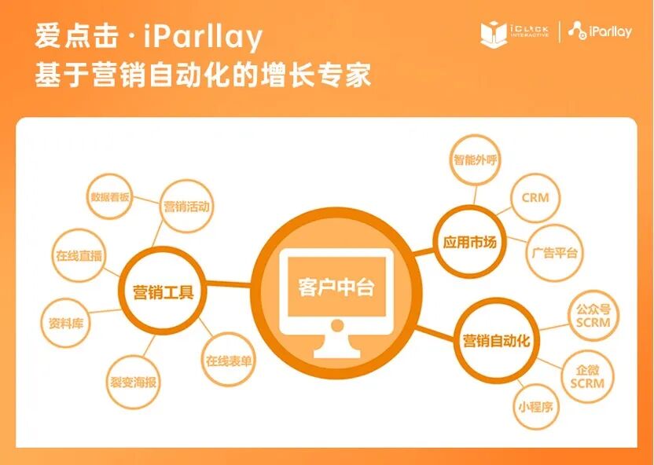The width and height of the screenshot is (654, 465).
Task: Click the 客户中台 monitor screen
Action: coord(336,287)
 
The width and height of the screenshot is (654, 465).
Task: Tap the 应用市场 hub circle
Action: coord(470,242)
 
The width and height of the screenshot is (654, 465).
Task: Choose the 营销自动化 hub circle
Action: coord(495,341)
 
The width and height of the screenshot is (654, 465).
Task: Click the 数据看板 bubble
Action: coord(110,198)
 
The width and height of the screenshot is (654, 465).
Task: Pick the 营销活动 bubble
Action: coord(186,207)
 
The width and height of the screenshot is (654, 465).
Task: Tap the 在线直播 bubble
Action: coord(78,256)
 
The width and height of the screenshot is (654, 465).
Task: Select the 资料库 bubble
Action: coord(66,322)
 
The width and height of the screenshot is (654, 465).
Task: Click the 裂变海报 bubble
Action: coord(133,383)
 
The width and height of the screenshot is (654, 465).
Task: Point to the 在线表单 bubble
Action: coord(229,361)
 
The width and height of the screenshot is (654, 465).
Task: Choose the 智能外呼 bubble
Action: coord(475,159)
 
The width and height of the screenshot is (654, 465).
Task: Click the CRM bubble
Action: coord(535,198)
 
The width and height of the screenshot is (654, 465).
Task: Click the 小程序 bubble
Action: coord(535,407)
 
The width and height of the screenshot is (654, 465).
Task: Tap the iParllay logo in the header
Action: coord(600,31)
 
